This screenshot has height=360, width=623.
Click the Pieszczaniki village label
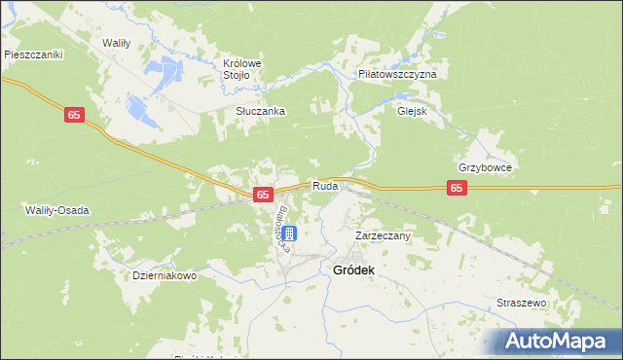click(33, 55)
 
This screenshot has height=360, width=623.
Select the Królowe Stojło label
click(250, 70)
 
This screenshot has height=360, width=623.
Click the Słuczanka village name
click(260, 111)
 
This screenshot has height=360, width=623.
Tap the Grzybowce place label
click(485, 166)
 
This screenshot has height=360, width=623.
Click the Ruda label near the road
click(325, 185)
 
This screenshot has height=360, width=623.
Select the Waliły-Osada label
click(55, 209)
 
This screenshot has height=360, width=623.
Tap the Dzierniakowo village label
click(165, 275)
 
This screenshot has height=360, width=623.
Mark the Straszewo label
click(523, 303)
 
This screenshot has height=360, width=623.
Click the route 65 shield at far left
click(76, 115)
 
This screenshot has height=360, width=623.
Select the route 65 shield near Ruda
click(263, 195)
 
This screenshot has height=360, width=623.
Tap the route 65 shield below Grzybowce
click(457, 189)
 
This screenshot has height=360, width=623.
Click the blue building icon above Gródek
click(289, 234)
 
